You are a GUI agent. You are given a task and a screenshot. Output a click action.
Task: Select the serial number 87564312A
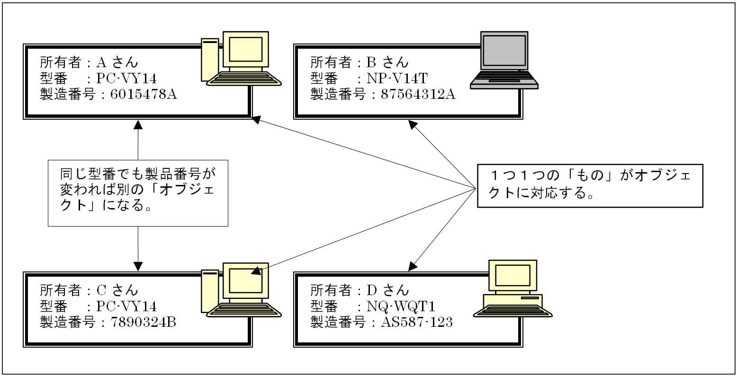[414, 94]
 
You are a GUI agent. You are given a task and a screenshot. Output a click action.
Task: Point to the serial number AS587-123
[412, 323]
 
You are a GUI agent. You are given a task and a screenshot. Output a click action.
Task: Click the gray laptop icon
[504, 61]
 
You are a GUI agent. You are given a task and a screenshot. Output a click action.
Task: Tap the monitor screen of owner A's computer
[245, 49]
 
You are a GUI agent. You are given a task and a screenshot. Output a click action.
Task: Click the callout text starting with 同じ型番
[138, 192]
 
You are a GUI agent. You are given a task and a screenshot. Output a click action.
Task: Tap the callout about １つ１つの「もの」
[590, 185]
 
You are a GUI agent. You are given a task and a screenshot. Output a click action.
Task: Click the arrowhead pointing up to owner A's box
[138, 124]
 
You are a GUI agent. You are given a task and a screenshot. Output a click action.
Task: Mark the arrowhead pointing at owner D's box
[412, 265]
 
